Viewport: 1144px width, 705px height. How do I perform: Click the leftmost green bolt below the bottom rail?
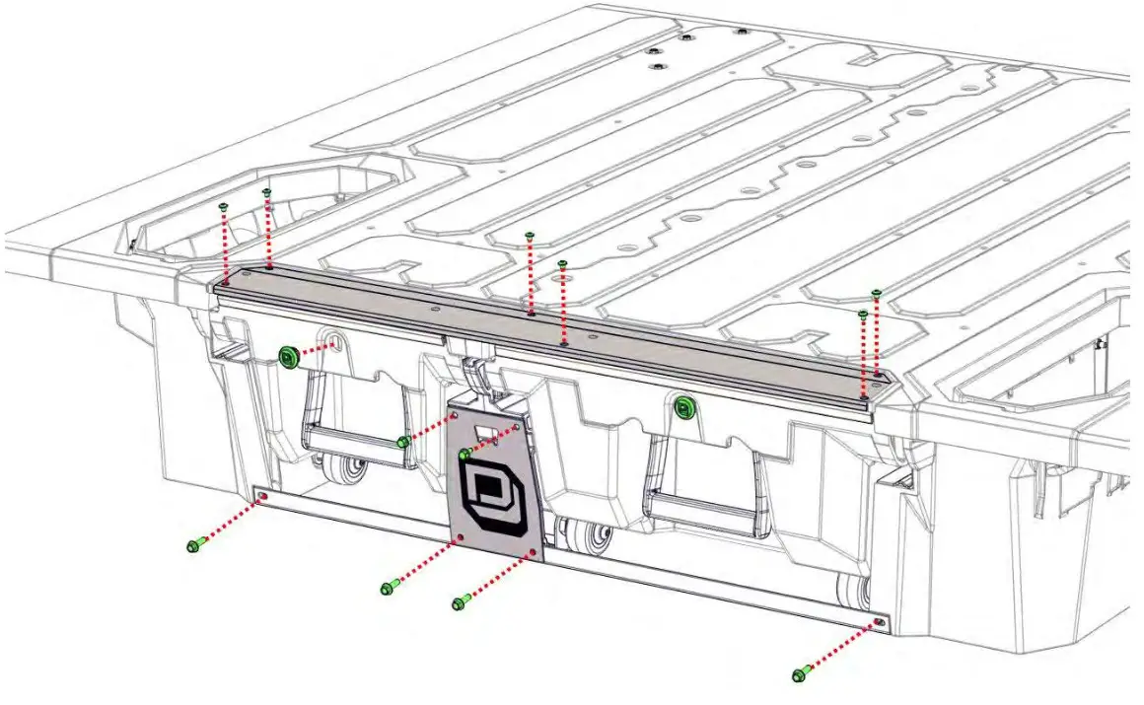tap(194, 544)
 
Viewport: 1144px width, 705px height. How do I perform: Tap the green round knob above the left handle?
tap(289, 357)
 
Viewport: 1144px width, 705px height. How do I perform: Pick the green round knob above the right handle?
tap(682, 405)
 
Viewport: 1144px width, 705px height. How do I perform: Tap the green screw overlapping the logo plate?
tap(465, 455)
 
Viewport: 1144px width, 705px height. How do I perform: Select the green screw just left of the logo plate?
tap(403, 443)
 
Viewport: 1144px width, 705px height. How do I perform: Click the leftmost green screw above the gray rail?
tap(225, 206)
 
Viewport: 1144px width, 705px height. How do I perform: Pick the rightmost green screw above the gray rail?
tap(876, 294)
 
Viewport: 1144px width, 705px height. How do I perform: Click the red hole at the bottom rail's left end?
tap(262, 496)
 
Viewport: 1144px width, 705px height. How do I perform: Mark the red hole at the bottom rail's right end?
tap(879, 622)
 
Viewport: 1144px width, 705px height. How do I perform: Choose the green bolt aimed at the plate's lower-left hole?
tap(388, 588)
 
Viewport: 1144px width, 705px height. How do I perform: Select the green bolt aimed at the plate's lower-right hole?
tap(459, 601)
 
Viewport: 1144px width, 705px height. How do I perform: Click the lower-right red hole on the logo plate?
tap(533, 553)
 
